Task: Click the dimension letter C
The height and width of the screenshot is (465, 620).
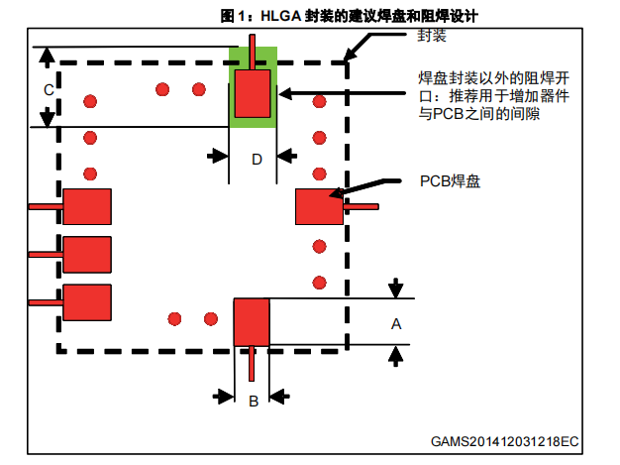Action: tap(49, 90)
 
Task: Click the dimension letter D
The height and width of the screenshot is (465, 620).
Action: tap(258, 160)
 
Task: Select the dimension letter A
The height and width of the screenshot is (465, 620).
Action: tap(396, 324)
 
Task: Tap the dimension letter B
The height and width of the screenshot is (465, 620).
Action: tap(254, 402)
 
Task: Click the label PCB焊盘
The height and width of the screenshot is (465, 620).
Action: tap(450, 181)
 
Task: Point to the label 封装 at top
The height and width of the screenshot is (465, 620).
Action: tap(432, 36)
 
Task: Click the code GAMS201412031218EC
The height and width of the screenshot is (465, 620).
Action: tap(504, 441)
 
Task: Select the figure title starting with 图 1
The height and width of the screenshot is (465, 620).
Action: tap(350, 16)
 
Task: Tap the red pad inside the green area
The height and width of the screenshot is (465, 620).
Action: tap(253, 94)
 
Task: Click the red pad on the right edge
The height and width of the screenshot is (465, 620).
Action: tap(319, 206)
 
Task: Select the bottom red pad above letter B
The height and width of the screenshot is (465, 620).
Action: tap(252, 322)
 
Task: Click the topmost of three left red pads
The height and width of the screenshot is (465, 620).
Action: tap(87, 206)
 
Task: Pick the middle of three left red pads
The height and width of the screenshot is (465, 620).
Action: tap(87, 255)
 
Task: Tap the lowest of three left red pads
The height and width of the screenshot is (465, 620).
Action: tap(87, 302)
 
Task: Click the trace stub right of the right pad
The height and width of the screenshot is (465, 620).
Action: tap(362, 206)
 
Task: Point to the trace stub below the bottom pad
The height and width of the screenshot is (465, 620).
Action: tap(252, 364)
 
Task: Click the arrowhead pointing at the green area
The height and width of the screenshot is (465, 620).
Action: tap(285, 94)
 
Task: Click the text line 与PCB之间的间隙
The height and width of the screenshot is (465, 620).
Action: tap(479, 114)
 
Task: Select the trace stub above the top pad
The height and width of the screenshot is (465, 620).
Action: tap(252, 53)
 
